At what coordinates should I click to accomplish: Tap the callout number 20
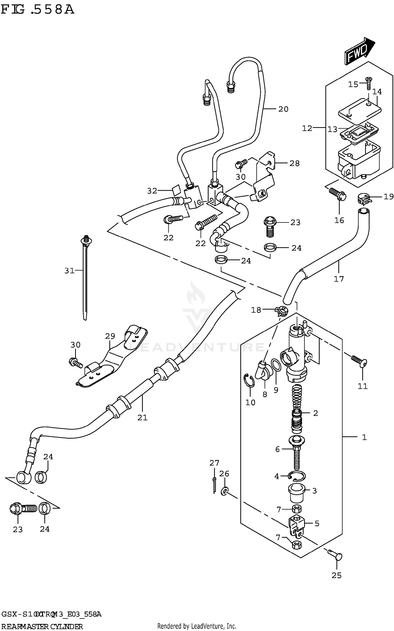click(x=283, y=109)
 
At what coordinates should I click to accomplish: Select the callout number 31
click(x=69, y=270)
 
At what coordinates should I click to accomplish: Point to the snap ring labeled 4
click(x=297, y=476)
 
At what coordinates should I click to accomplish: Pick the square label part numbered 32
click(x=176, y=190)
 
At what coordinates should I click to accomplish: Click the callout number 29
click(x=110, y=336)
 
